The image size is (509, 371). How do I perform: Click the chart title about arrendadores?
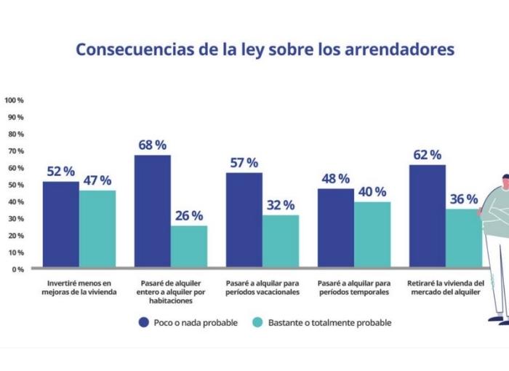coord(265,49)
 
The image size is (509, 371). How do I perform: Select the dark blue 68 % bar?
coord(153,211)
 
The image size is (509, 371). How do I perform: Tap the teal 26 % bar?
coord(189,247)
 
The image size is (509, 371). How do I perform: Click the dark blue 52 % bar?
coord(61,224)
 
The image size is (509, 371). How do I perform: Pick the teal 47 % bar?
coord(97,228)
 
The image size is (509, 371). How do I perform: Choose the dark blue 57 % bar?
coord(244,220)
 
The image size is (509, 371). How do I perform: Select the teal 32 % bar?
coord(281,242)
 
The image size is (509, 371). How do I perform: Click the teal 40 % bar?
coord(372,234)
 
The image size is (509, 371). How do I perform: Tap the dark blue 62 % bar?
coord(428,216)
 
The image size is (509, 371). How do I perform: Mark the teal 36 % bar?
coord(463,238)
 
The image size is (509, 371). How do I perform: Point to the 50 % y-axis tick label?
coord(16,185)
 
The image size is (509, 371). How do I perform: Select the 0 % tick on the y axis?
coord(17,269)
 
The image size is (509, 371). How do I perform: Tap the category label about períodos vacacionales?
coord(262,287)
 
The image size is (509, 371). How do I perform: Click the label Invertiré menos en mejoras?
coord(79,287)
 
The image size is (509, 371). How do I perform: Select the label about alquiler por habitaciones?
coord(171,292)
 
